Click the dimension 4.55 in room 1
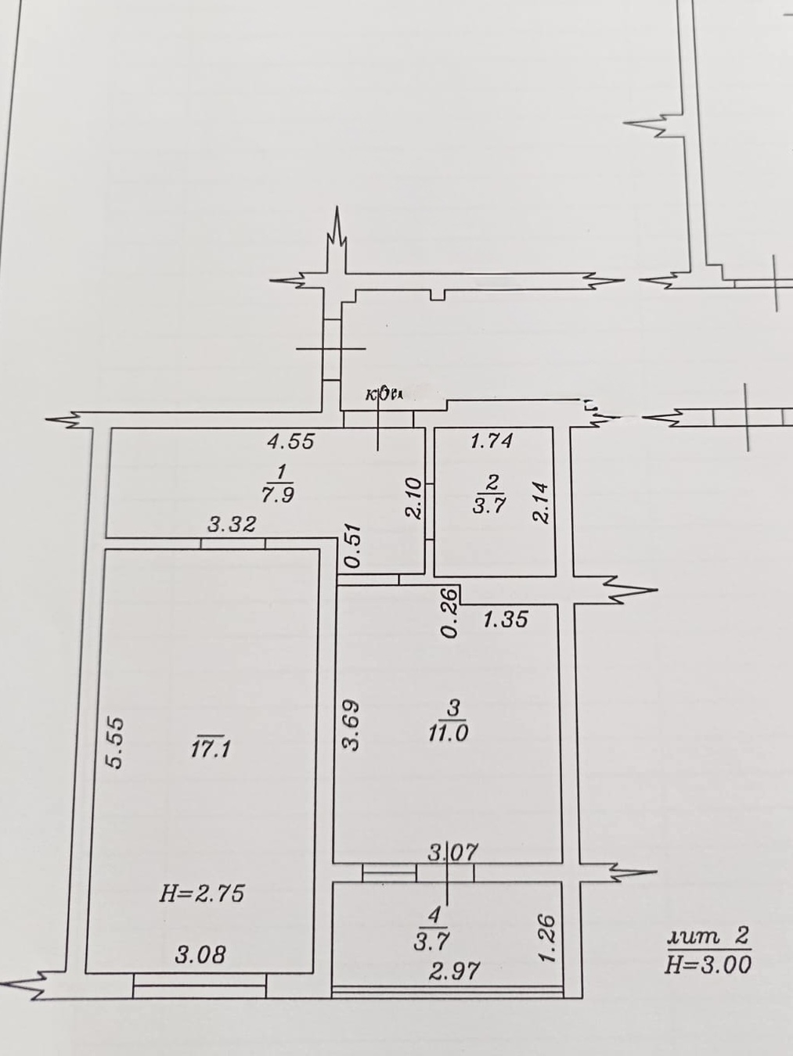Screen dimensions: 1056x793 pyautogui.click(x=290, y=442)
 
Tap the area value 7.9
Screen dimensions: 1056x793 pyautogui.click(x=279, y=494)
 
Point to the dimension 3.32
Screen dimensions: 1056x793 pyautogui.click(x=231, y=525)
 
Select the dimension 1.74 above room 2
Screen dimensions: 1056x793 pyautogui.click(x=491, y=441)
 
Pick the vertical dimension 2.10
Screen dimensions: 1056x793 pyautogui.click(x=413, y=498)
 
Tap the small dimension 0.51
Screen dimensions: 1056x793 pyautogui.click(x=353, y=545)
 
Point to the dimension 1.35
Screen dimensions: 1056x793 pyautogui.click(x=505, y=620)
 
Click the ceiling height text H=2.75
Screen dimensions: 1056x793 pyautogui.click(x=202, y=893)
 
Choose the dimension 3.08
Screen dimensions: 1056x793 pyautogui.click(x=201, y=954)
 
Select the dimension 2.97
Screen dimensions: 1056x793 pyautogui.click(x=454, y=971)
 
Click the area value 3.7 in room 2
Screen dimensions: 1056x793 pyautogui.click(x=490, y=505)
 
